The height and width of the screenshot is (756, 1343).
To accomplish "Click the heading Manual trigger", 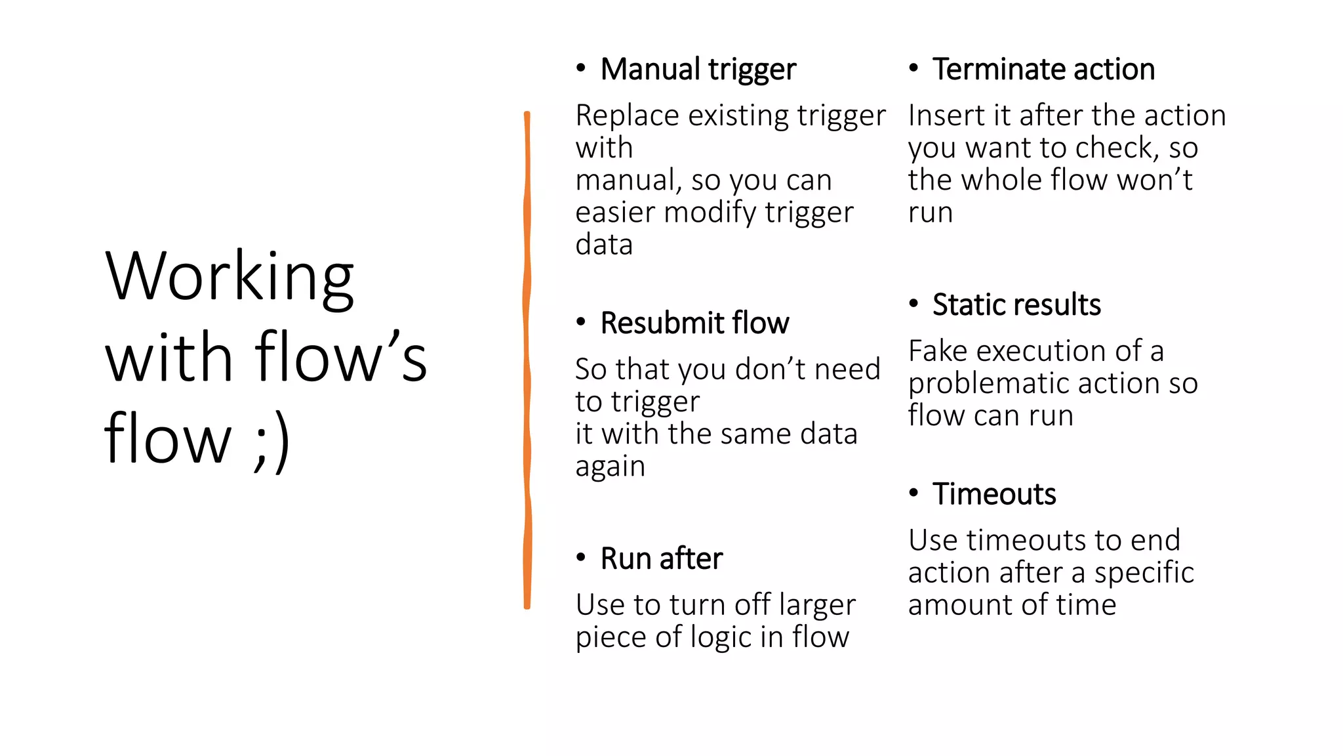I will pos(698,70).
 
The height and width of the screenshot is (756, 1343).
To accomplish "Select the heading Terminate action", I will pos(1043,70).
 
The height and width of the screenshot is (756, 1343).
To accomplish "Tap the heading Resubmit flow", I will pos(694,324).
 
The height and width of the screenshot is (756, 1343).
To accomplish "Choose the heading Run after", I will pos(661,559).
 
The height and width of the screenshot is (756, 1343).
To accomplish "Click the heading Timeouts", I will pos(994,494).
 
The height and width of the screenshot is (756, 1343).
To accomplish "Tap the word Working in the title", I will pos(230,277).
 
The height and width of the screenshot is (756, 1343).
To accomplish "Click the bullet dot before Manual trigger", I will pos(580,68).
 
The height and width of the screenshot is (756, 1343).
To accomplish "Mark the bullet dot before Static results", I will pos(913,304).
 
